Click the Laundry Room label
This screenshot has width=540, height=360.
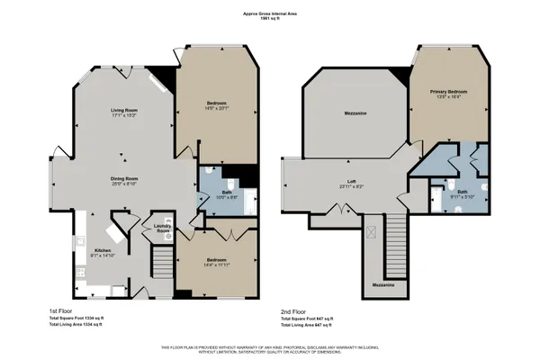(x=162, y=229)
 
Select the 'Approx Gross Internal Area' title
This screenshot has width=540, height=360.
(x=269, y=13)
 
